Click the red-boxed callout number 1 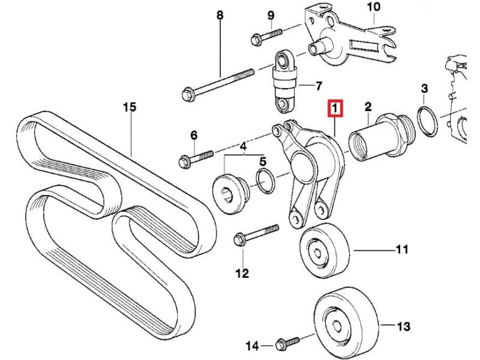tap(335, 108)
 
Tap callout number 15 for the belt tap(129, 107)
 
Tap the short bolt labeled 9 tap(263, 35)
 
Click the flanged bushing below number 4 tap(230, 192)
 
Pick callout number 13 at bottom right tap(404, 326)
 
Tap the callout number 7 tap(319, 86)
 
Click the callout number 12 tap(241, 274)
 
